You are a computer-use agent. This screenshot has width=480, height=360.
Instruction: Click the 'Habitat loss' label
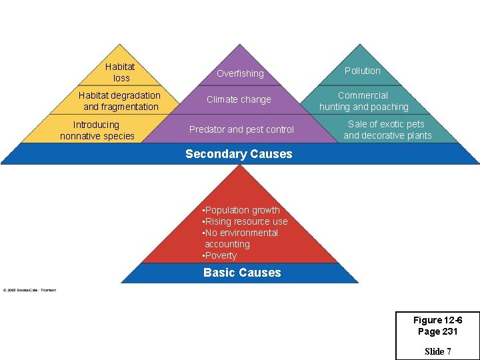[120, 72]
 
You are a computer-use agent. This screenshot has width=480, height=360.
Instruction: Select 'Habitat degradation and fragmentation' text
[120, 101]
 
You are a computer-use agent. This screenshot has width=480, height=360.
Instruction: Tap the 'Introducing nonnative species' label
[97, 130]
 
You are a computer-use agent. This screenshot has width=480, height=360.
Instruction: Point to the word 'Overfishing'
[240, 73]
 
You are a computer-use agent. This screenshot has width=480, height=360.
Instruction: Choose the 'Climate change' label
[239, 99]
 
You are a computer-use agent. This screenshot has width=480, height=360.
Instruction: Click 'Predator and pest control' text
[241, 129]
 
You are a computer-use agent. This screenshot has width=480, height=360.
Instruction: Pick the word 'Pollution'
[362, 71]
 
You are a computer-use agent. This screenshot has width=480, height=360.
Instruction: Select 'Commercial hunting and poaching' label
[363, 101]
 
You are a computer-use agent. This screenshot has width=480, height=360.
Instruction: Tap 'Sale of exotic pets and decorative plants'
[387, 129]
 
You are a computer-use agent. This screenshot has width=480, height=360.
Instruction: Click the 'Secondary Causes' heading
[239, 154]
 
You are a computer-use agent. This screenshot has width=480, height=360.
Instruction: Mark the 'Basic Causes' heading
[242, 273]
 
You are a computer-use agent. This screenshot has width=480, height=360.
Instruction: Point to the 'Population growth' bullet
[241, 210]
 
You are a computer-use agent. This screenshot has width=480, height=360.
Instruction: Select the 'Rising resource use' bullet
[245, 221]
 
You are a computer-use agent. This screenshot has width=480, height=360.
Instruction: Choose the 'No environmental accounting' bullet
[240, 238]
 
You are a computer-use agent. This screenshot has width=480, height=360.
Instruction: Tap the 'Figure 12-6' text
[437, 320]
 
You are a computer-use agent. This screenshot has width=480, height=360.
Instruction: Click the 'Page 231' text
[437, 331]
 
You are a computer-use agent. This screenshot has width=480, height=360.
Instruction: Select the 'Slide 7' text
[437, 351]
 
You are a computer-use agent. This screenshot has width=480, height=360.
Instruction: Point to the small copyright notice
[29, 290]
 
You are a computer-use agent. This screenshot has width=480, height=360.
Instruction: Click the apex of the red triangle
[239, 165]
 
